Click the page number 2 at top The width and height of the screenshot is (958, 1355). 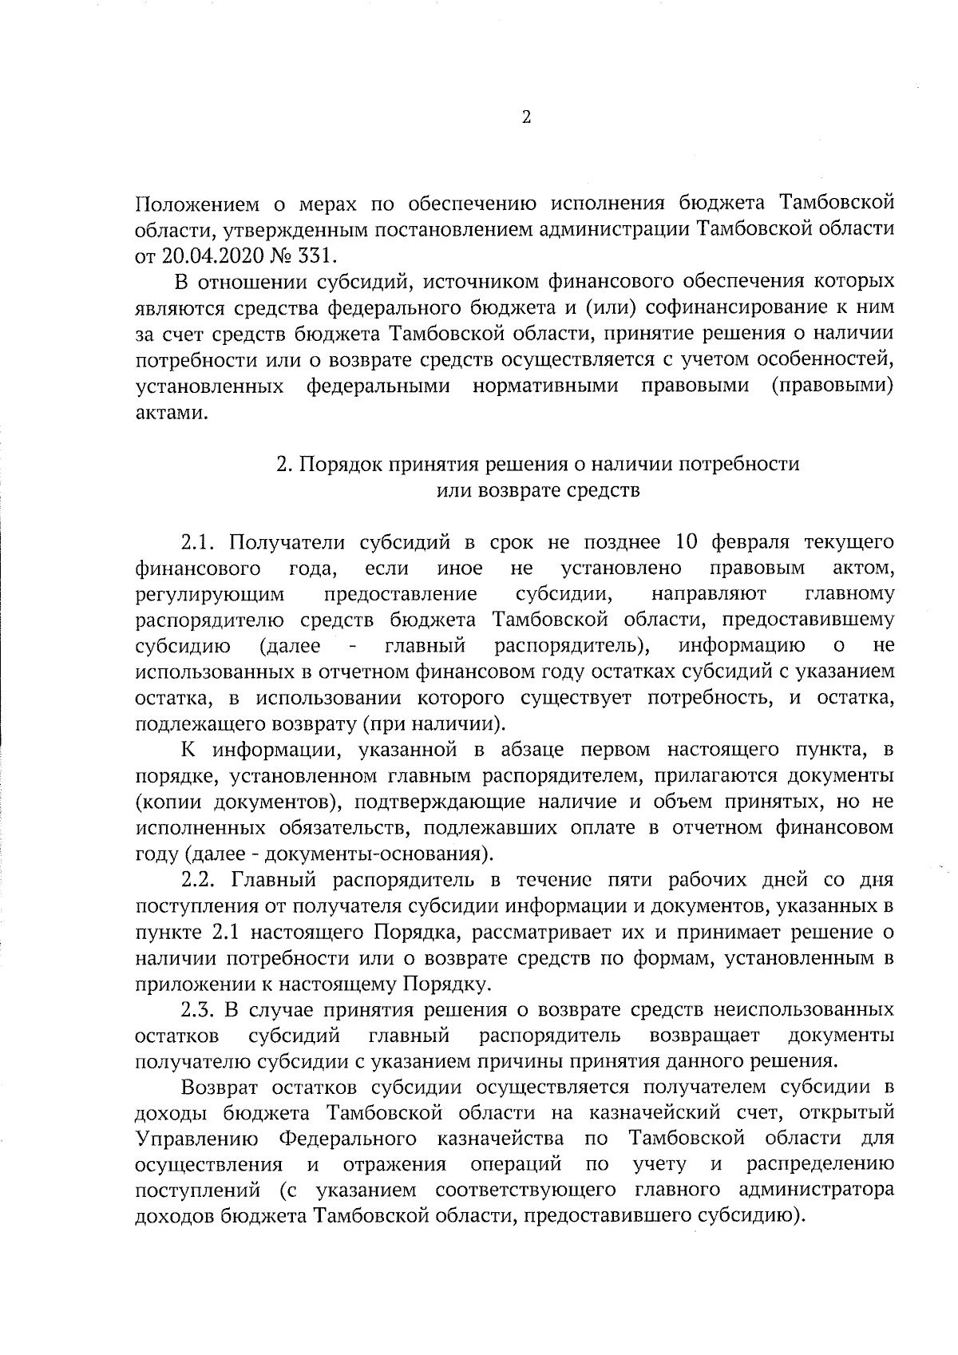click(525, 118)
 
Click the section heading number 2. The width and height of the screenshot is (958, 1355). click(282, 464)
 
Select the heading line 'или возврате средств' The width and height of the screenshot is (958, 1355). click(537, 490)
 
